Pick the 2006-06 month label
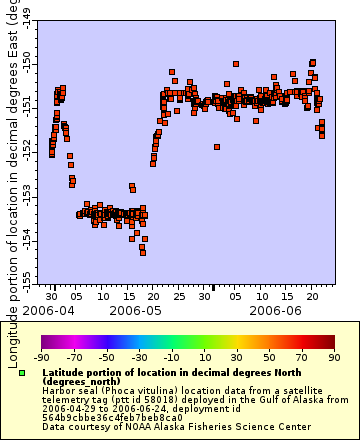click(x=271, y=310)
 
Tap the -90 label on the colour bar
click(x=42, y=356)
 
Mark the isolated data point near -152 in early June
click(x=217, y=147)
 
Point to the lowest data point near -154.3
click(x=143, y=251)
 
